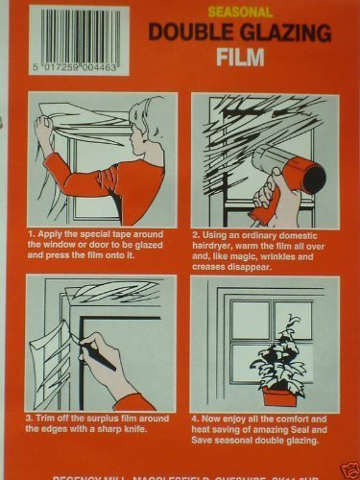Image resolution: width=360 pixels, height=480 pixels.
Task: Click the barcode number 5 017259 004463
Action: [81, 70]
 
